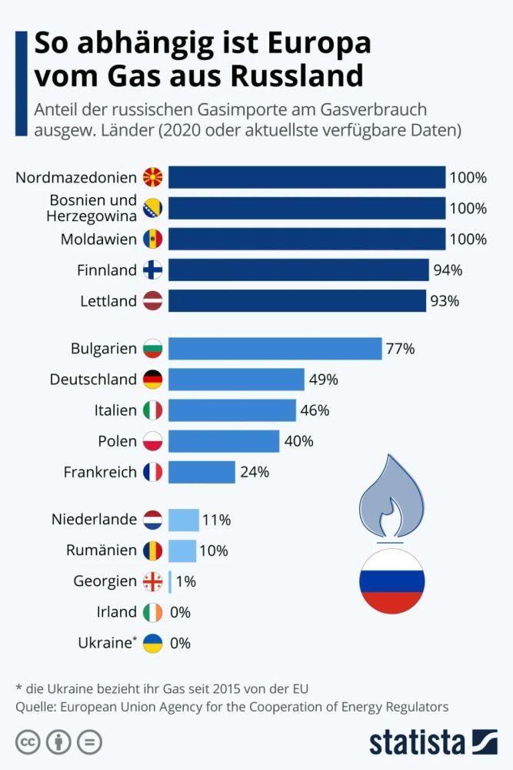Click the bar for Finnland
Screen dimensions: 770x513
coord(298,269)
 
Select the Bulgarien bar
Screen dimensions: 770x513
coord(275,349)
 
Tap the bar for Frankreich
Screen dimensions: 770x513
coord(202,472)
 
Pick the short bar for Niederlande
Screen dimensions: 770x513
coord(183,520)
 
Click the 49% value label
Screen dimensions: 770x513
coord(324,380)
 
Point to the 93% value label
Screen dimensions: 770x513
coord(445,301)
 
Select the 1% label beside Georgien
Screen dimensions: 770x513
coord(186,581)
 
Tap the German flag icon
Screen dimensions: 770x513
coord(153,380)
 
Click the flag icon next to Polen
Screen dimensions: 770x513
coord(153,441)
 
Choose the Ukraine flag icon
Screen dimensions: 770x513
coord(153,643)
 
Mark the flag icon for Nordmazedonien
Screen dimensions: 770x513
coord(153,178)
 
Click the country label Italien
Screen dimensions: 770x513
coord(115,410)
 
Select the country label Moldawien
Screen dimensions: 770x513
coord(98,239)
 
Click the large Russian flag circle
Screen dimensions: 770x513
coord(391,581)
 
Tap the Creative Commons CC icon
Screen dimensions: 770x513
coord(28,743)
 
